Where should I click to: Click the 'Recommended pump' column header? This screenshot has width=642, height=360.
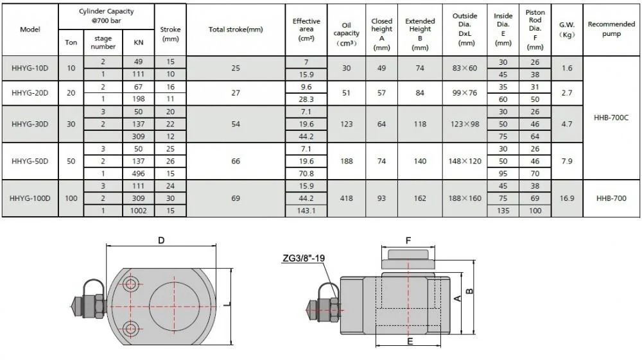(x=611, y=30)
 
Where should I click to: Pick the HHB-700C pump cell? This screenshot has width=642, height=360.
(x=611, y=118)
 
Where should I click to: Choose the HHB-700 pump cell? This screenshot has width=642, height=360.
(x=611, y=198)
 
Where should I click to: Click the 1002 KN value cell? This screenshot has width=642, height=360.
(x=139, y=210)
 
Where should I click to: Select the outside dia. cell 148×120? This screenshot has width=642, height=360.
(x=465, y=161)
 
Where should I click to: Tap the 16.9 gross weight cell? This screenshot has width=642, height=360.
(x=566, y=198)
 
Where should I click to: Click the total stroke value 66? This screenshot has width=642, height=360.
(x=235, y=161)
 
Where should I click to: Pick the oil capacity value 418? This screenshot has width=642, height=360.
(x=347, y=198)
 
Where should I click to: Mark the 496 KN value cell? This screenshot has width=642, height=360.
(x=139, y=173)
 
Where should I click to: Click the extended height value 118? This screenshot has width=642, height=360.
(x=420, y=124)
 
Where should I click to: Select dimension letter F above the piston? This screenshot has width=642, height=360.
(x=408, y=242)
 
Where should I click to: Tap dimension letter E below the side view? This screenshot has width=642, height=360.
(x=409, y=341)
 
